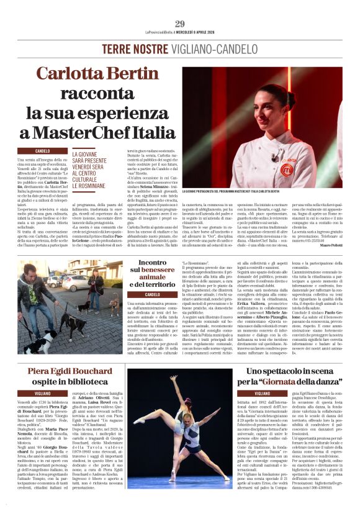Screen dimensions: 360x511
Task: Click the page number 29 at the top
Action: point(180,24)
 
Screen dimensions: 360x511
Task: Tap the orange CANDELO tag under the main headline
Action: point(43,151)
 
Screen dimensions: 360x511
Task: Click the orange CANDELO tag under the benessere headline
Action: point(151,294)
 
